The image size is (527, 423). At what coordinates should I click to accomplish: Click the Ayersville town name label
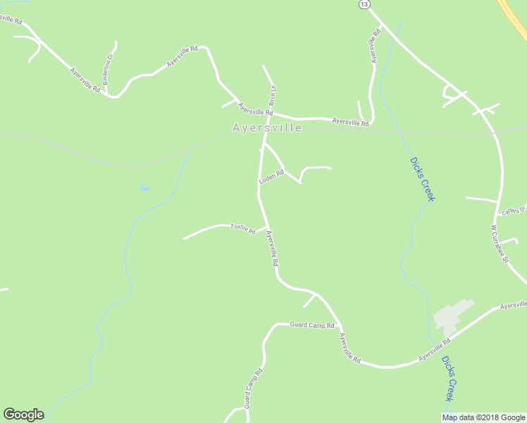pyautogui.click(x=267, y=128)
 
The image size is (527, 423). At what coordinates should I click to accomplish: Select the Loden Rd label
pyautogui.click(x=271, y=176)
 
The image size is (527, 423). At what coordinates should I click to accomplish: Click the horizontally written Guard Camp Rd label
pyautogui.click(x=311, y=325)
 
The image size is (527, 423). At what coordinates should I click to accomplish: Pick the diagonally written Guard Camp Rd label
pyautogui.click(x=254, y=388)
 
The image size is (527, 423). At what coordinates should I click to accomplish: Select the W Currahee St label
pyautogui.click(x=500, y=244)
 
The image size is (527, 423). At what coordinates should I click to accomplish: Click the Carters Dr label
pyautogui.click(x=514, y=210)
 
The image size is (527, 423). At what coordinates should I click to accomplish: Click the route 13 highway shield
pyautogui.click(x=363, y=4)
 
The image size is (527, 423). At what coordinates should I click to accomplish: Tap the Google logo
pyautogui.click(x=23, y=415)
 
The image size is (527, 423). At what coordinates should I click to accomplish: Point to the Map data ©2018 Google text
pyautogui.click(x=483, y=417)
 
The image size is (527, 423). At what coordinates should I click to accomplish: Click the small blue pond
pyautogui.click(x=144, y=188)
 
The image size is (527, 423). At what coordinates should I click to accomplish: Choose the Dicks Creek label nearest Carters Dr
pyautogui.click(x=423, y=179)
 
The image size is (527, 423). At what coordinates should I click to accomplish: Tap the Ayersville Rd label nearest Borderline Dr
pyautogui.click(x=85, y=80)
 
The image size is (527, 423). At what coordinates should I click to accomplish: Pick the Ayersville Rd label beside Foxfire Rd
pyautogui.click(x=273, y=250)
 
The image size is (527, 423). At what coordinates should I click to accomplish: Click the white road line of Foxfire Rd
pyautogui.click(x=204, y=230)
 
